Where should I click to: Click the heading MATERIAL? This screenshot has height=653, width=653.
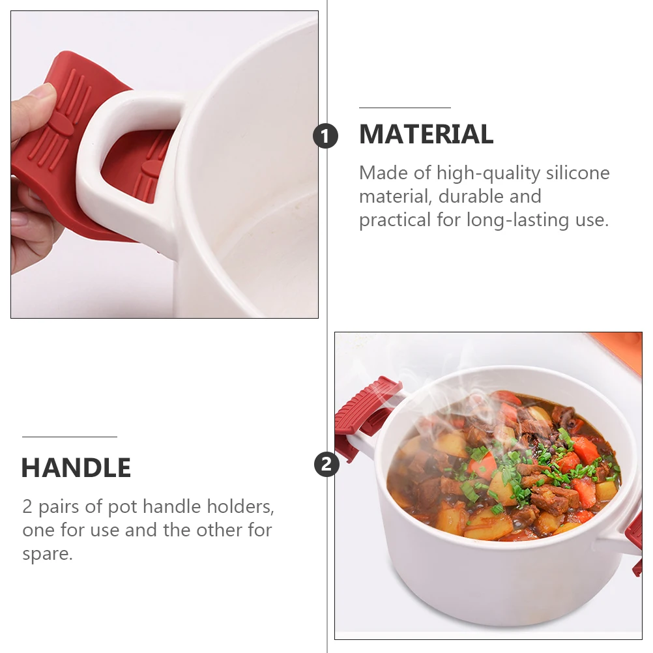tap(426, 134)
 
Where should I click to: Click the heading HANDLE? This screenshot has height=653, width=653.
tap(76, 468)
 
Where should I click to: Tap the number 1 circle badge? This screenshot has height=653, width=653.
tap(326, 136)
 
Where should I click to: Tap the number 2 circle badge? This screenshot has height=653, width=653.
tap(326, 465)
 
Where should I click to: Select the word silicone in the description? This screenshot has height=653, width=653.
tap(578, 173)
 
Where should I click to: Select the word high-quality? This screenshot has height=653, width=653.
tap(489, 173)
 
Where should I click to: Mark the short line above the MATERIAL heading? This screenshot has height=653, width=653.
tap(405, 108)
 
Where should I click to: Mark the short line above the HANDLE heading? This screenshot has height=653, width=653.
tap(69, 437)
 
